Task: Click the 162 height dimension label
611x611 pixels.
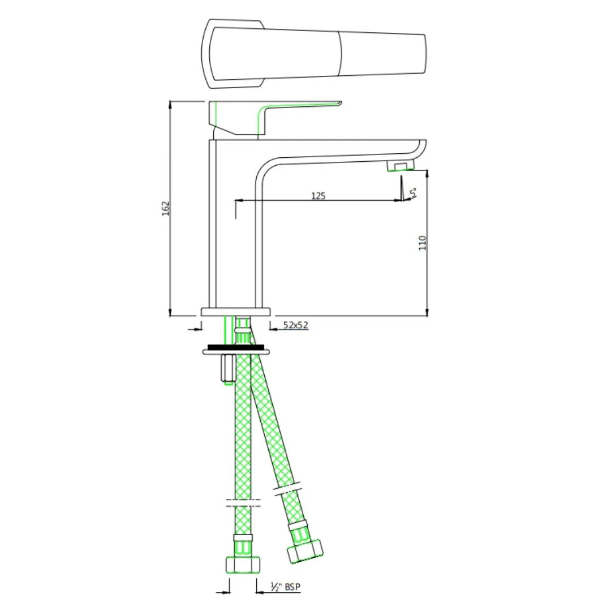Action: pos(165,208)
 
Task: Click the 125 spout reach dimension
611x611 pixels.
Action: pos(319,196)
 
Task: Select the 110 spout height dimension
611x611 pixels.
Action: pos(422,243)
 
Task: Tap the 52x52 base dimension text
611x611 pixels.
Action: pos(295,325)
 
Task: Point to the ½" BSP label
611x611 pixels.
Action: pos(285,588)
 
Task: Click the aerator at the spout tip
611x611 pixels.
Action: pos(400,166)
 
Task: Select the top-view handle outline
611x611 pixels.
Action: pos(314,54)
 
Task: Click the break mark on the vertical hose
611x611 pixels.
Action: pos(243,503)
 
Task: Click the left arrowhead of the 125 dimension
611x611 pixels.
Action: pos(238,200)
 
